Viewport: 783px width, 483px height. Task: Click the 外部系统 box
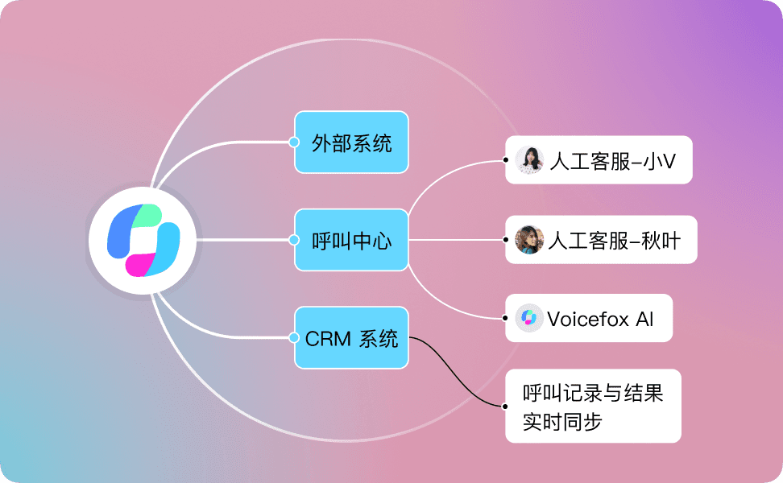[x=352, y=142]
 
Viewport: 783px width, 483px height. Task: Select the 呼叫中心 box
[x=352, y=239]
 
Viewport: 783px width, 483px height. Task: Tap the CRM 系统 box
[x=352, y=338]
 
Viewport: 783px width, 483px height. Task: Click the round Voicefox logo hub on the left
[x=143, y=239]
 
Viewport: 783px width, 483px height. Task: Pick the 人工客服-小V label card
[x=599, y=160]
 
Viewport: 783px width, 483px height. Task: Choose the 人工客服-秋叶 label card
[x=602, y=239]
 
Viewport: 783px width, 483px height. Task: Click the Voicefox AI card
[x=589, y=318]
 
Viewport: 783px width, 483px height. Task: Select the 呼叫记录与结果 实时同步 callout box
[x=593, y=406]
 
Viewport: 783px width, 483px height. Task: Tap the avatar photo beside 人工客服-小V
[x=529, y=160]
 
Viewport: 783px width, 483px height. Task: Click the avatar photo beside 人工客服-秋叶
[x=529, y=239]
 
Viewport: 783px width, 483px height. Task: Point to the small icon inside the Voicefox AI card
[x=529, y=318]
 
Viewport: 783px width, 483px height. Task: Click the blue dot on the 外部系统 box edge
[x=294, y=142]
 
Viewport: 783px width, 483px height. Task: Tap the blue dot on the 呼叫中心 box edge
[x=294, y=239]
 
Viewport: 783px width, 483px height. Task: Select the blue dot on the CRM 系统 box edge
[x=294, y=338]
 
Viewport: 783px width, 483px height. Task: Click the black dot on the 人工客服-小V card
[x=506, y=160]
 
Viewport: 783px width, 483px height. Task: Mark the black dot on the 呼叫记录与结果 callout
[x=505, y=406]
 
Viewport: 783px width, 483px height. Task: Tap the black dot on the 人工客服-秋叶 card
[x=506, y=239]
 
